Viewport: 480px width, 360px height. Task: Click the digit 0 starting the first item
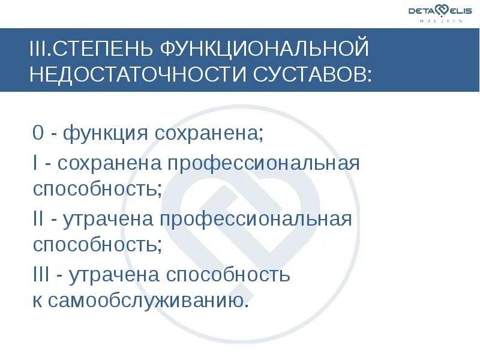[38, 133]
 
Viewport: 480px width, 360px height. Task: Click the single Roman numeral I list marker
[36, 163]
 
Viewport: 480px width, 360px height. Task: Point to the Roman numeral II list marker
[38, 219]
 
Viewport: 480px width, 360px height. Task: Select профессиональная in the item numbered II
[255, 220]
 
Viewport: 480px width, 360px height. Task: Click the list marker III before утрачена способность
[41, 274]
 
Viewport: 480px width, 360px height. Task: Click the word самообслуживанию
[146, 300]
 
